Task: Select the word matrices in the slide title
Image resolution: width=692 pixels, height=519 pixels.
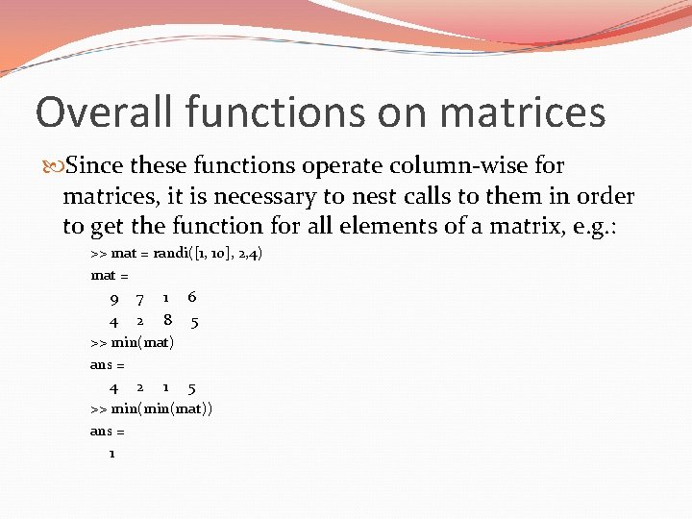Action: [523, 112]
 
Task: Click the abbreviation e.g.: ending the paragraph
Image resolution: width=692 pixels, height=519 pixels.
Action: [585, 227]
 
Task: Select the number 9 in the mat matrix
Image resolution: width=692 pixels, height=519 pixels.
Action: [114, 299]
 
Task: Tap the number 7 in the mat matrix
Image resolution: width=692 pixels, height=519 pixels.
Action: [140, 299]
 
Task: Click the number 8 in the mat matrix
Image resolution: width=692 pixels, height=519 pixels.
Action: [167, 321]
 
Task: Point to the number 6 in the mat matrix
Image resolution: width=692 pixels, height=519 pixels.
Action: [192, 298]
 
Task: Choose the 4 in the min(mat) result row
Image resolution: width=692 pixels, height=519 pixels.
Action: [113, 388]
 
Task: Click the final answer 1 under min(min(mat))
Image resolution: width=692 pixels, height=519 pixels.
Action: [112, 453]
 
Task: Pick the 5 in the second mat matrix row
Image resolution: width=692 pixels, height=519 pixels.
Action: [194, 322]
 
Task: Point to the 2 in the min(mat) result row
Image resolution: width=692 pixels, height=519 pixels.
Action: [140, 388]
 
